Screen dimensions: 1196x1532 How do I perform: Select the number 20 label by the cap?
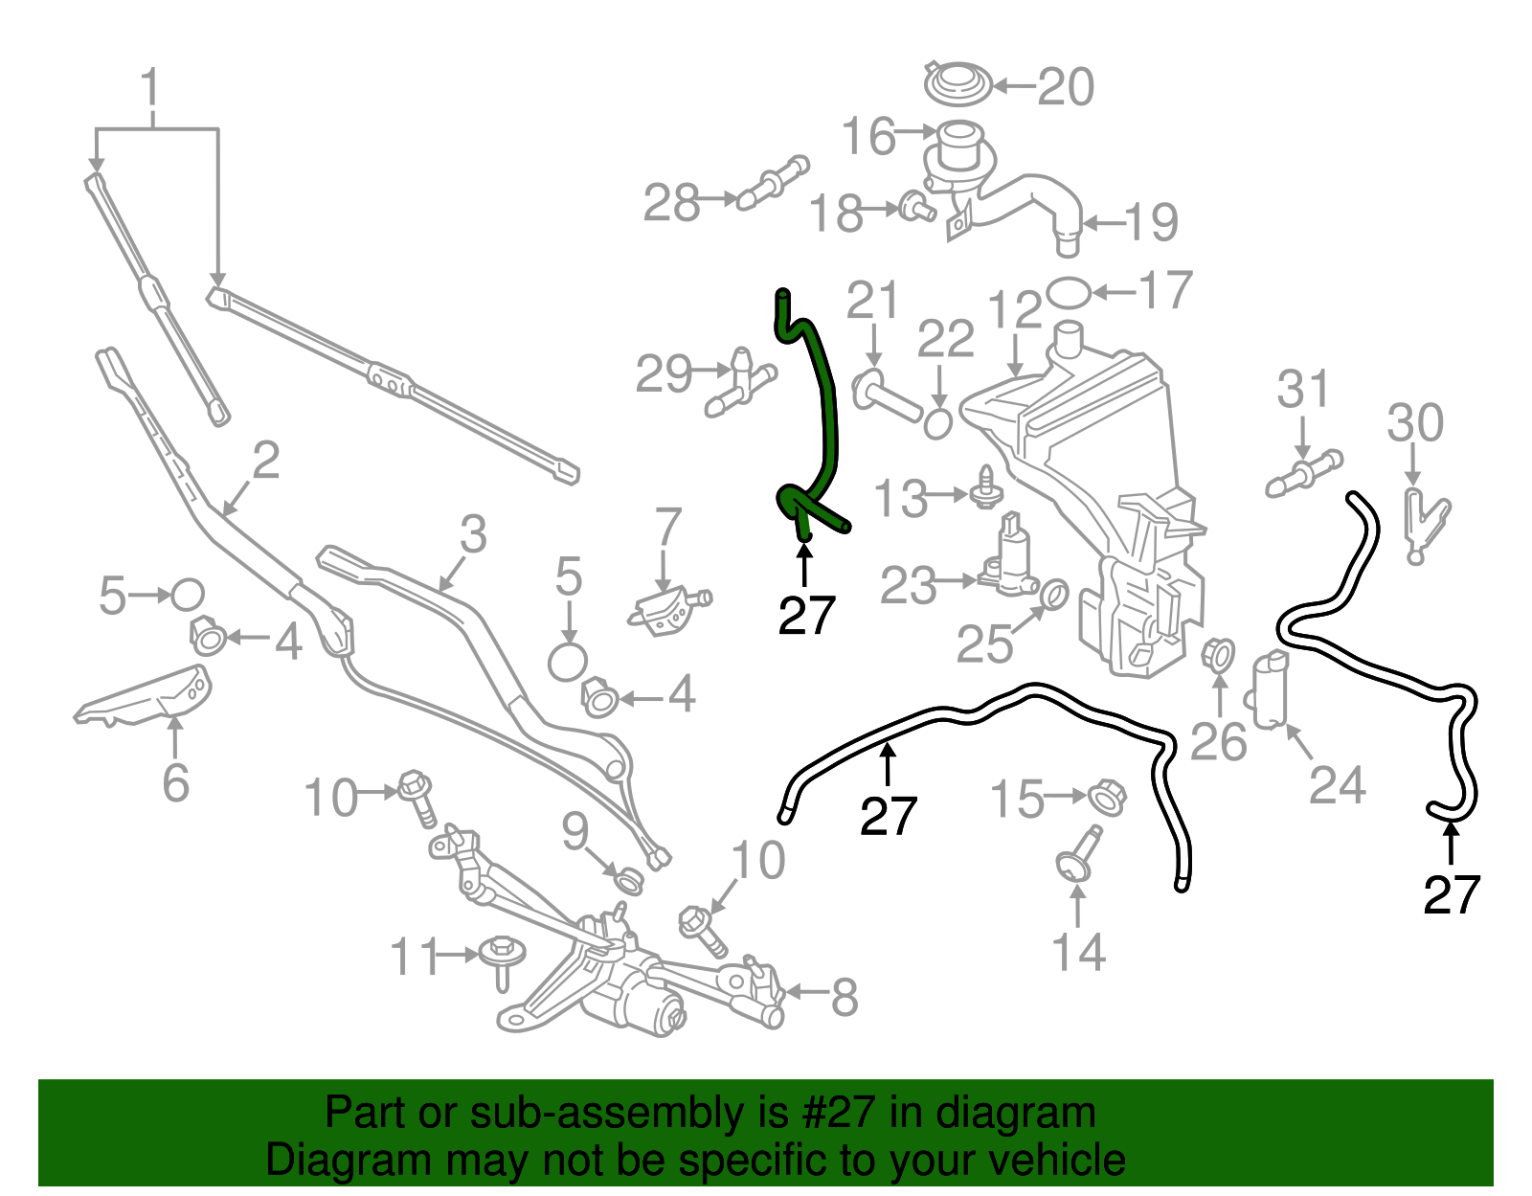click(1065, 87)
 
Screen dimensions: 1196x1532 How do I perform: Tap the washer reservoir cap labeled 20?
click(957, 83)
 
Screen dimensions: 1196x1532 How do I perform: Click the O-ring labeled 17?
click(1068, 292)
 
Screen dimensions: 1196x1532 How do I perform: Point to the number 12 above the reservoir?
click(1014, 312)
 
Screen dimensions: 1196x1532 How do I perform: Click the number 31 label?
click(1303, 390)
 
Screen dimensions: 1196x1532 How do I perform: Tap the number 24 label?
click(1337, 785)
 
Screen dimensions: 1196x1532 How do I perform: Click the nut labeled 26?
click(1218, 653)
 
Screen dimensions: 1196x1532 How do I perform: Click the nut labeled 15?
click(1107, 796)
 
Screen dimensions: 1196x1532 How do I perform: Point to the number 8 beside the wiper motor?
click(844, 997)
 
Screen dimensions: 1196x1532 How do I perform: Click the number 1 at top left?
click(151, 88)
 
